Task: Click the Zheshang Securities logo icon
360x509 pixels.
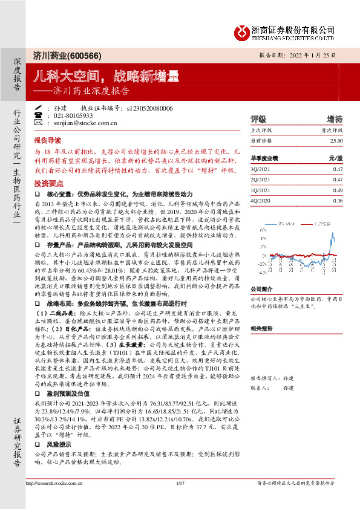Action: point(241,31)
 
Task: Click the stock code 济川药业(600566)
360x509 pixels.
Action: point(59,56)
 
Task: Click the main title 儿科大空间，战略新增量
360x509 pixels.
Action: point(106,76)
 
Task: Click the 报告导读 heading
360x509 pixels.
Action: point(48,138)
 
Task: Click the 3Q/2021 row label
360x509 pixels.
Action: point(260,170)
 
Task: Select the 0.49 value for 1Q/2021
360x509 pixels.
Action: point(338,189)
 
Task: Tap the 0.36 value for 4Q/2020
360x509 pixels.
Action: point(338,199)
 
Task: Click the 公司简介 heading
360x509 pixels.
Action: point(261,289)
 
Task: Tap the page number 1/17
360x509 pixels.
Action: point(180,499)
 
